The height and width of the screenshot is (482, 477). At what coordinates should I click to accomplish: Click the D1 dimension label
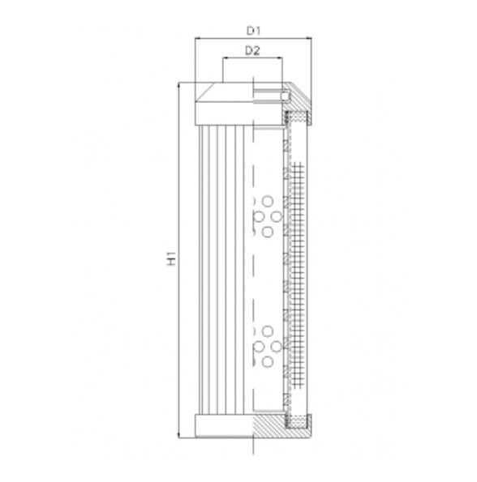tap(253, 31)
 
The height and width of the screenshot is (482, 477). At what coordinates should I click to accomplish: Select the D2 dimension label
tap(251, 51)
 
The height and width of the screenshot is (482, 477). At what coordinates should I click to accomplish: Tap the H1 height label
tap(171, 260)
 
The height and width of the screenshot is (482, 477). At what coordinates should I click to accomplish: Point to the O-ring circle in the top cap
tap(284, 97)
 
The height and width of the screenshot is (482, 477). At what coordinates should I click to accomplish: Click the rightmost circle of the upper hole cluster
tap(277, 217)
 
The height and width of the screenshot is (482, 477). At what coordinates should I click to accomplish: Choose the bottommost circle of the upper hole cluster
tap(268, 232)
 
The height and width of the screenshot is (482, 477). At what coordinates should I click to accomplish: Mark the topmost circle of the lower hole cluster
tap(268, 331)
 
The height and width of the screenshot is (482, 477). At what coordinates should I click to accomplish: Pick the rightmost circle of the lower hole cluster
tap(277, 347)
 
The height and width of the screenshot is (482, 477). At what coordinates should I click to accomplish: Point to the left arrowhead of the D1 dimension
tap(198, 38)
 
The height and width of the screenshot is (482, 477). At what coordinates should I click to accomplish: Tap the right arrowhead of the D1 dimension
tap(309, 38)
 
